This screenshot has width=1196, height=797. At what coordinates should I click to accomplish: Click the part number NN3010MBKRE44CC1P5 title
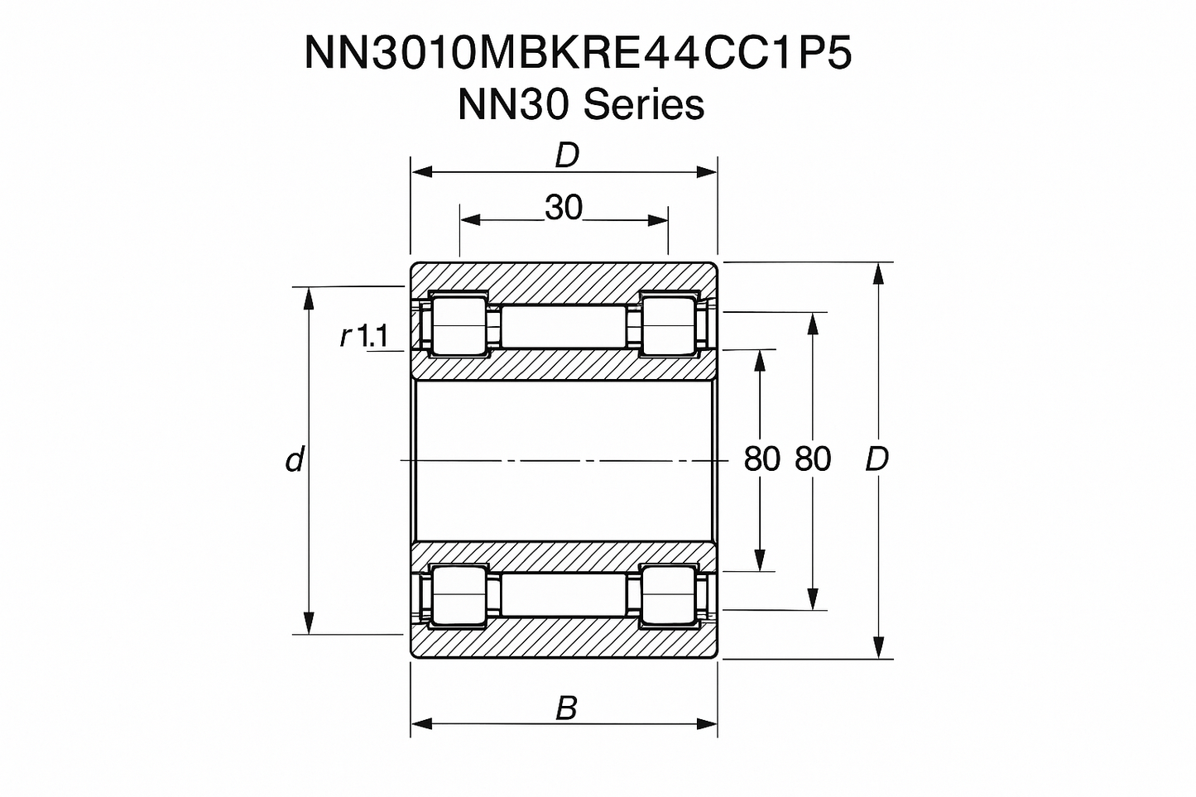coord(578,54)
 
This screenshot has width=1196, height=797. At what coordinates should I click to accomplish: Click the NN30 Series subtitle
coord(580,105)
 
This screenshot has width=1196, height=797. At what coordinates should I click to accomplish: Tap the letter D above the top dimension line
coord(566,155)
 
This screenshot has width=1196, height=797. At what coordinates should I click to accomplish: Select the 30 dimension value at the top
coord(564,208)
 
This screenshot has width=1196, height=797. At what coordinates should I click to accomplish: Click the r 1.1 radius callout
coord(364,335)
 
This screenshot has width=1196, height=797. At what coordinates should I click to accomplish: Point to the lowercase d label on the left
coord(295,459)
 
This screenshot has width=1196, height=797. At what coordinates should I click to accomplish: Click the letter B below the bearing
coord(566,708)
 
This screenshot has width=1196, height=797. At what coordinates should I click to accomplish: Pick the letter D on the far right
coord(877,459)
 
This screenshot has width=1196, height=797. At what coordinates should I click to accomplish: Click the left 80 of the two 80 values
coord(761,459)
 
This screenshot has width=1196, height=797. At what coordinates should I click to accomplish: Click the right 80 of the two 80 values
coord(813,459)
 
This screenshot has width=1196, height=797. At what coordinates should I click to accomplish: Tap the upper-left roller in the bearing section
coord(457,325)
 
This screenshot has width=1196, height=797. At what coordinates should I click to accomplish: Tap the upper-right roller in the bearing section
coord(670,325)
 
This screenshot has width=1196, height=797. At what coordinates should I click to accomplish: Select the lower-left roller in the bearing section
coord(457,594)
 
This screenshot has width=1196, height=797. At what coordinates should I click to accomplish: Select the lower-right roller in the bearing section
coord(670,594)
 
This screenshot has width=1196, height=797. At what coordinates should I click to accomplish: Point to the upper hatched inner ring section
coord(563,364)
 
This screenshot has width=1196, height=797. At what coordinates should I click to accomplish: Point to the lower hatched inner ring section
coord(563,556)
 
